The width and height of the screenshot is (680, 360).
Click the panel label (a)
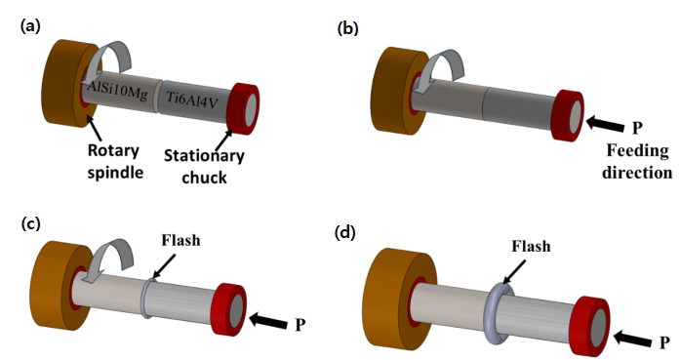pos(30,26)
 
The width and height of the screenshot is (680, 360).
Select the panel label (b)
pos(348,28)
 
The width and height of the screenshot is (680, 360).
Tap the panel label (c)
pos(31,223)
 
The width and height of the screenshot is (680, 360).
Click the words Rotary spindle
pos(115,161)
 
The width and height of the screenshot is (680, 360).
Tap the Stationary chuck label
pos(204,167)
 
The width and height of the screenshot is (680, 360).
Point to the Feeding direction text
pos(637,161)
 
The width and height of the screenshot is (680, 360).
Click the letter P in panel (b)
pos(637,128)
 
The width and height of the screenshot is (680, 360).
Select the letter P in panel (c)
pos(300,325)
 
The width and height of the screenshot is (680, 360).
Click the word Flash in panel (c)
pos(180,240)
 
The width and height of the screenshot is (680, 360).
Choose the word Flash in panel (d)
pos(531,246)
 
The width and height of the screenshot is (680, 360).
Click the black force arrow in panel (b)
pos(606,123)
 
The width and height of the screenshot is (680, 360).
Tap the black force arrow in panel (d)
pos(632,338)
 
